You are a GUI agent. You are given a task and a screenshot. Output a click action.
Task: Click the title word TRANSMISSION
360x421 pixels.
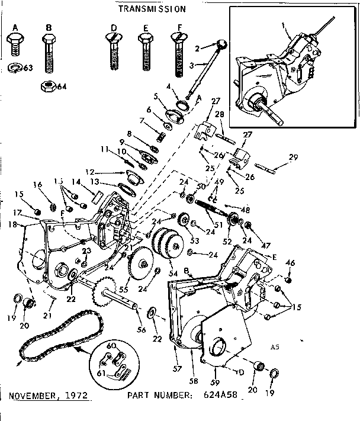(152, 9)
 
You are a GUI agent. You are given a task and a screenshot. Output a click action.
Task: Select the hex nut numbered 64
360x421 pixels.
(47, 85)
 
